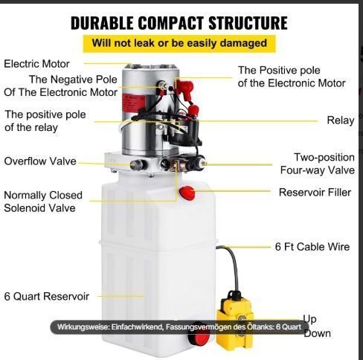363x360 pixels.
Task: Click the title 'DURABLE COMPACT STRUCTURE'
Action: coord(179,23)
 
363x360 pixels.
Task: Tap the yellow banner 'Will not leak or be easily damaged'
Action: coord(179,44)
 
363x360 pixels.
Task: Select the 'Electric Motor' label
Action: coord(36,64)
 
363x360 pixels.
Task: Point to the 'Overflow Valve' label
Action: coord(40,161)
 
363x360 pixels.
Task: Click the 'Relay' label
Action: coord(341,120)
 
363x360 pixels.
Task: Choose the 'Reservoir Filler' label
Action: coord(315,193)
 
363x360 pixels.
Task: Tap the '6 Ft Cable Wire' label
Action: coord(312,247)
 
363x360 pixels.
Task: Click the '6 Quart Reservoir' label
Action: coord(47,296)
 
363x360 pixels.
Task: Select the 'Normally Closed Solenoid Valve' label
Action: coord(43,202)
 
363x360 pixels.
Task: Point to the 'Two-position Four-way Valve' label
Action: coord(318,164)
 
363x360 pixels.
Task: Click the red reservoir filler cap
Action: coord(187,193)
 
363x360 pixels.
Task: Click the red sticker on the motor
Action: coord(133,106)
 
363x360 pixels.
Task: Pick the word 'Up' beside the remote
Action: coord(309,319)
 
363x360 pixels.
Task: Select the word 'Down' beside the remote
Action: coord(318,334)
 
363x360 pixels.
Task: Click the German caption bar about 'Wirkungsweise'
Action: coord(179,327)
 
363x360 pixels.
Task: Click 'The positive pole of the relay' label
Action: coord(45,121)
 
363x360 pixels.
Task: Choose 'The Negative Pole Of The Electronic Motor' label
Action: coord(60,86)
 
